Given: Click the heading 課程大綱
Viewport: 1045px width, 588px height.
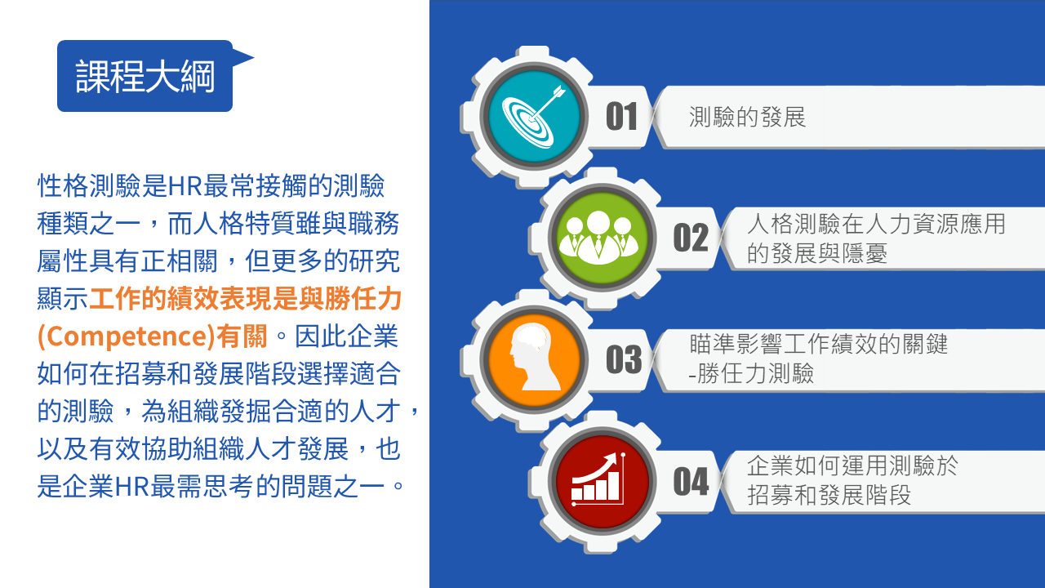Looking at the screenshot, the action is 145,76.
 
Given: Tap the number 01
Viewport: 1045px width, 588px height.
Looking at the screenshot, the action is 621,117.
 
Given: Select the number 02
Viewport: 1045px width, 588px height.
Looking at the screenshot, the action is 691,238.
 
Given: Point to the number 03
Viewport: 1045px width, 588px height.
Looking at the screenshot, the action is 624,359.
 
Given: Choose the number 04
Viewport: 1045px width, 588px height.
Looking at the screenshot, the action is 691,481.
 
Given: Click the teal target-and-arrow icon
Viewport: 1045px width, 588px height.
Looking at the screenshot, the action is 534,117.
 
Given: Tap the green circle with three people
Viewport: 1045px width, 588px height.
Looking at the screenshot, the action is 602,238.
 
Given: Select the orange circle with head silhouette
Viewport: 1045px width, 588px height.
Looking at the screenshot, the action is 534,360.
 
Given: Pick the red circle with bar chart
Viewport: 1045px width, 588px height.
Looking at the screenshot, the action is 602,482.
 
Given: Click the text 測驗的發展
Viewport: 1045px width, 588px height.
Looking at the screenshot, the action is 747,117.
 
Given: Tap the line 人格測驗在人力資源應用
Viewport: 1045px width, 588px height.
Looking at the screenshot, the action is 876,224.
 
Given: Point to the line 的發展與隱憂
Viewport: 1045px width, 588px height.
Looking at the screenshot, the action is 817,253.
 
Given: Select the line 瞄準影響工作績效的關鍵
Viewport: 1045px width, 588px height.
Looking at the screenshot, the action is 819,344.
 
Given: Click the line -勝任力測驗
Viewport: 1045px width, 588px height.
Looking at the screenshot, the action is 751,373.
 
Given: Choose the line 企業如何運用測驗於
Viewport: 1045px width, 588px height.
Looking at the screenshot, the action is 852,465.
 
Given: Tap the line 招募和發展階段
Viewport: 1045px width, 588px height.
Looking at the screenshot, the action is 829,495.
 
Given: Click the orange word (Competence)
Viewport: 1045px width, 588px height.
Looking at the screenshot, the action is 126,336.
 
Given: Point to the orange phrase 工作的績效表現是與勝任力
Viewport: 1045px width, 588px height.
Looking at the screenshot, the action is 246,299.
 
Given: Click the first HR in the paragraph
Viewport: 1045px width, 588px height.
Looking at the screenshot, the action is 185,185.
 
